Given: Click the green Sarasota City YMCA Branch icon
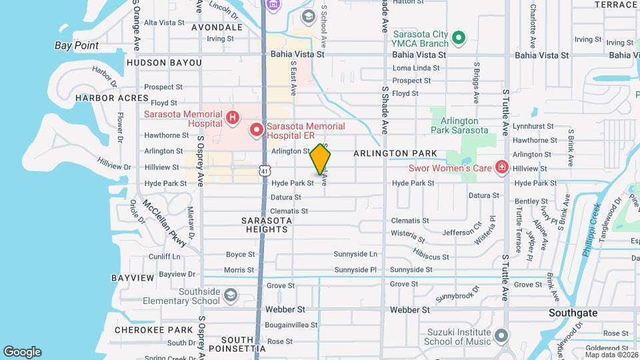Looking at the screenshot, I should pyautogui.click(x=458, y=39).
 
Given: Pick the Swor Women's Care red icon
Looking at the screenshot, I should pyautogui.click(x=502, y=167).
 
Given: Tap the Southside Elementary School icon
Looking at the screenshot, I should pyautogui.click(x=230, y=295).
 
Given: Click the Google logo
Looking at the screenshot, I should pyautogui.click(x=22, y=352).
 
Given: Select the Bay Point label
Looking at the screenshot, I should pyautogui.click(x=77, y=46).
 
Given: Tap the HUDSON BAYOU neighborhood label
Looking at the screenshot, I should pyautogui.click(x=163, y=63).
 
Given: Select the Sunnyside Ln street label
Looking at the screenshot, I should pyautogui.click(x=355, y=254).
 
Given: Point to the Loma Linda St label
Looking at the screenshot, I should pyautogui.click(x=416, y=68).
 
